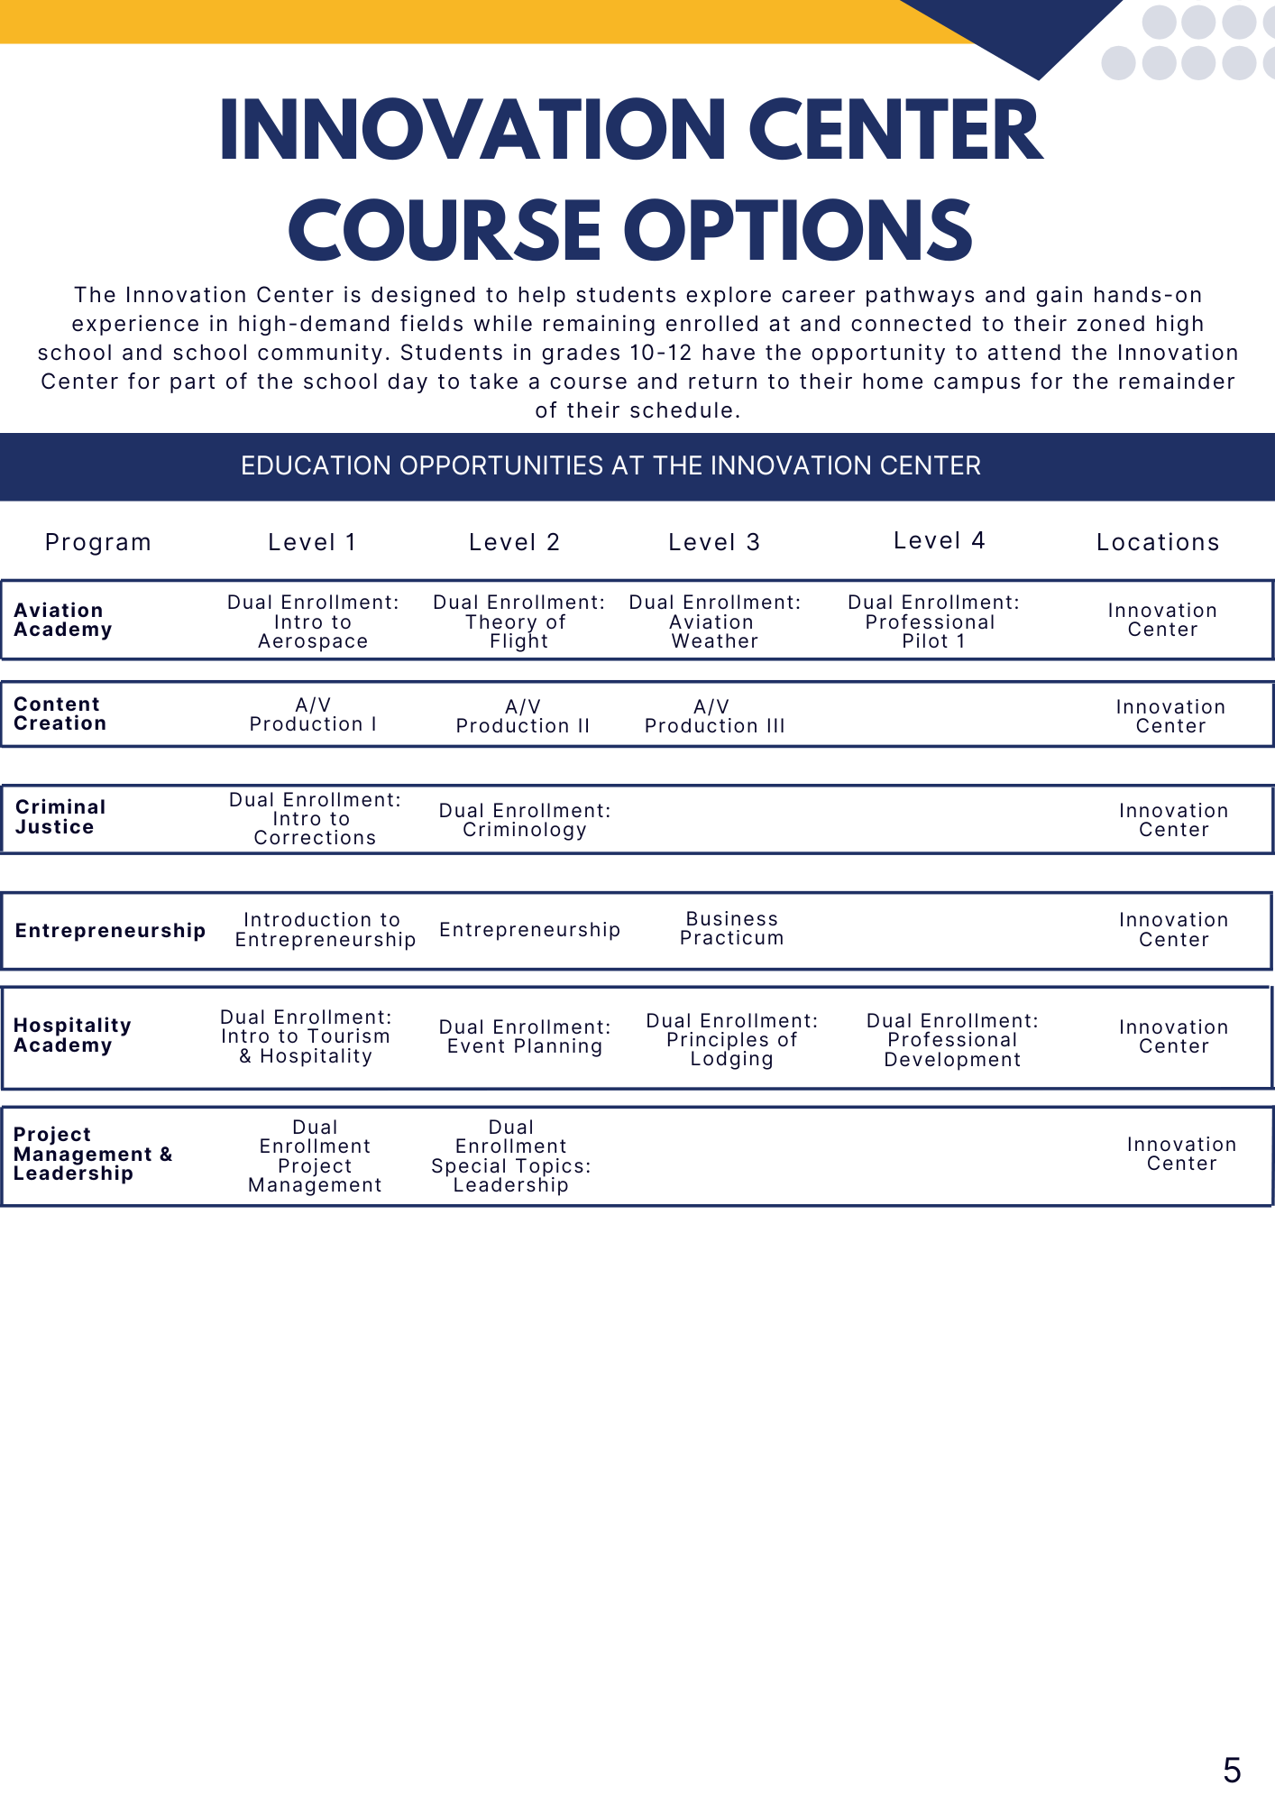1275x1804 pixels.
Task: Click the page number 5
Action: click(x=1232, y=1770)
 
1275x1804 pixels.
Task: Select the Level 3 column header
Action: click(x=714, y=542)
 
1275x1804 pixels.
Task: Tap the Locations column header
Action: click(x=1158, y=542)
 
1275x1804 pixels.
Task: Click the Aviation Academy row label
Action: click(x=62, y=620)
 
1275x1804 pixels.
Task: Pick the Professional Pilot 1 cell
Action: click(x=933, y=621)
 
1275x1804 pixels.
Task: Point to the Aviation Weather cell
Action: click(x=714, y=621)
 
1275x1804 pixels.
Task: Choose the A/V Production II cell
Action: click(x=523, y=716)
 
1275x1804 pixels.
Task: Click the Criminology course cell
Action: click(x=525, y=820)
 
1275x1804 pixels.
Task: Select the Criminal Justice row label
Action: click(x=60, y=816)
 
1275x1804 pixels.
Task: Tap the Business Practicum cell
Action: click(x=731, y=928)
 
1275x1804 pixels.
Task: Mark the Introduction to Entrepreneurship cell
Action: click(x=325, y=929)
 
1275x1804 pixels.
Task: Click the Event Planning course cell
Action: click(x=525, y=1036)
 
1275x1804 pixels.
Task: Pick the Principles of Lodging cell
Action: click(x=731, y=1039)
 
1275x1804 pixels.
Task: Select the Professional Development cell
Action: click(x=952, y=1040)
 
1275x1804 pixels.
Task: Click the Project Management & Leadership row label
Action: click(x=92, y=1154)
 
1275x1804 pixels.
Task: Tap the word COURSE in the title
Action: click(x=445, y=231)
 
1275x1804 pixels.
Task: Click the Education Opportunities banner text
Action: click(x=610, y=465)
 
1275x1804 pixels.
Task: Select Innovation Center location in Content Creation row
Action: click(x=1170, y=716)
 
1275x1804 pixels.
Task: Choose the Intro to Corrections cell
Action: click(x=315, y=818)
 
